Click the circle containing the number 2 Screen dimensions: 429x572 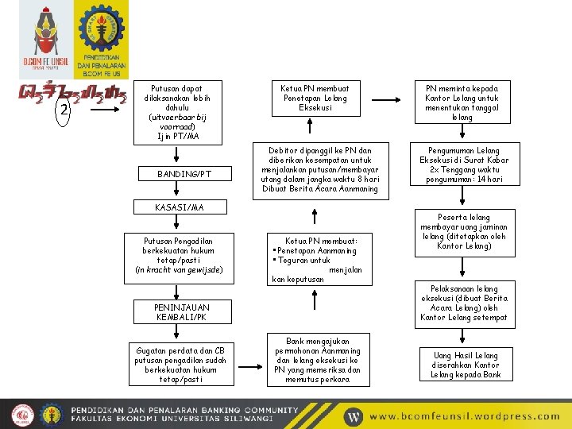tap(63, 110)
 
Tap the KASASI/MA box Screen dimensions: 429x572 tap(180, 207)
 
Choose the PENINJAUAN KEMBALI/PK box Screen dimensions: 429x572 tap(182, 312)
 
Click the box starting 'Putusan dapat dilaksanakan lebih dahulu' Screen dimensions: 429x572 tap(180, 112)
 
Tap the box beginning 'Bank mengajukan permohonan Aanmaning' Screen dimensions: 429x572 tap(317, 360)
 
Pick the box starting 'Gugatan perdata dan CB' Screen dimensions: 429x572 tap(180, 365)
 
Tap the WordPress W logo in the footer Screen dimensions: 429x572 tap(353, 415)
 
